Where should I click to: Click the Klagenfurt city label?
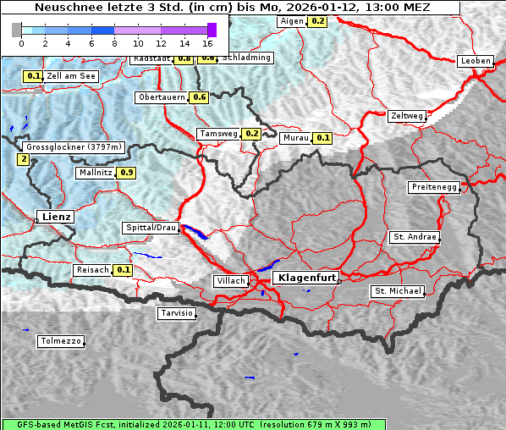pos(308,277)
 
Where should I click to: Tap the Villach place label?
pos(230,281)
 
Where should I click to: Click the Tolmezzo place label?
pos(61,342)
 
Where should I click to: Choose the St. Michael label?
pos(398,291)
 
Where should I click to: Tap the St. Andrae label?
pos(415,237)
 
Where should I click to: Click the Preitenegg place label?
pos(435,187)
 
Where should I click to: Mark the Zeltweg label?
pos(407,116)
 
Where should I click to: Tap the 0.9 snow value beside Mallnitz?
pos(126,173)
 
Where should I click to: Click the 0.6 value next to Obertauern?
pos(199,97)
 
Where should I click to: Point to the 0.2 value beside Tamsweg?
pos(251,134)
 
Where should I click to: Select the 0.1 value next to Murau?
pos(322,138)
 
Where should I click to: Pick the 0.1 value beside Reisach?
pos(124,270)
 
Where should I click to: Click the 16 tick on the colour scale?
pos(207,42)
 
